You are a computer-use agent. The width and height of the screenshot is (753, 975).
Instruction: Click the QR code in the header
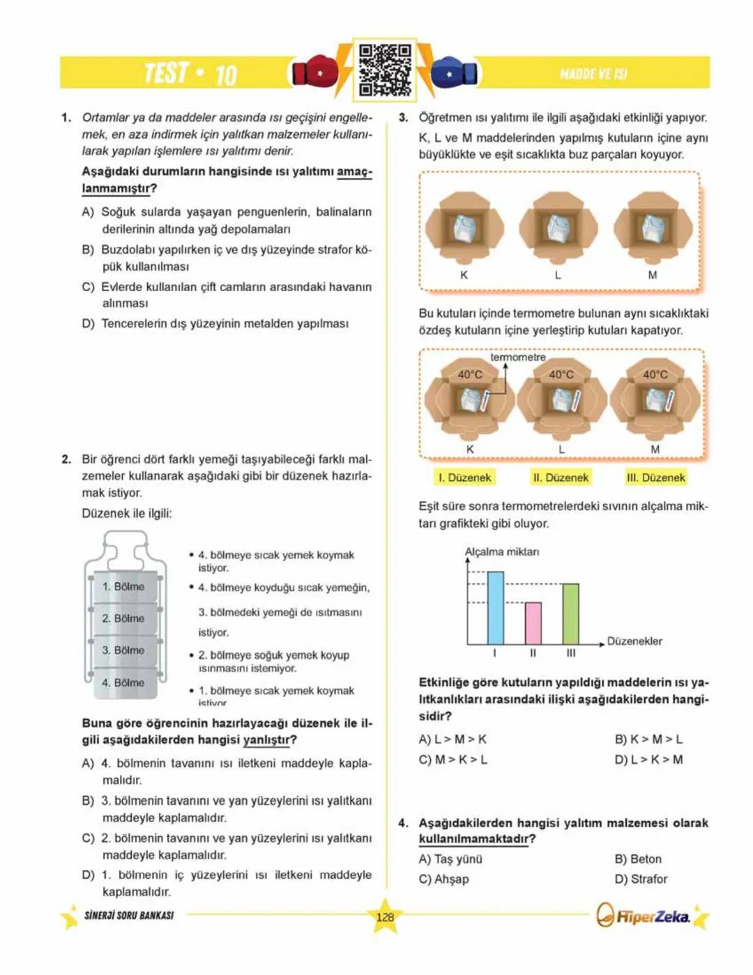coord(384,70)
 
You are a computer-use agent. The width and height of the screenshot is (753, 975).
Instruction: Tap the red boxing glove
coord(314,73)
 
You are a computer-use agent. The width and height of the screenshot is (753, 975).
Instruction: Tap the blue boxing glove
coord(455,73)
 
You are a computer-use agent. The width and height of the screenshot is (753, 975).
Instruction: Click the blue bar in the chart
coord(495,607)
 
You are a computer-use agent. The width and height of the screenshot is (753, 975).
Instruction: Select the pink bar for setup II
coord(533,623)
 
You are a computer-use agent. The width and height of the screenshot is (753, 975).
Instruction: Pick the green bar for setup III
coord(570,613)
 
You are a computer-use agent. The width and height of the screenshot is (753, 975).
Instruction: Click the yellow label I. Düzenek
coord(464,477)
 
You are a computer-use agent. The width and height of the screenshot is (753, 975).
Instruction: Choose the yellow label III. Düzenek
coord(655,477)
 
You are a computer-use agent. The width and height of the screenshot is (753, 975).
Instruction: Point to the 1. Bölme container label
coord(123,586)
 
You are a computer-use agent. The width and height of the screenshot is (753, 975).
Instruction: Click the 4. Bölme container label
coord(123,683)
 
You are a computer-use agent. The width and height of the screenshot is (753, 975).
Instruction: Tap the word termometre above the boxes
coord(517,357)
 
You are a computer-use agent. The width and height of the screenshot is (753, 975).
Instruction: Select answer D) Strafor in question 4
coord(641,879)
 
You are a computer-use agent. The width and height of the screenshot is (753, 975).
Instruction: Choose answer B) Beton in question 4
coord(638,859)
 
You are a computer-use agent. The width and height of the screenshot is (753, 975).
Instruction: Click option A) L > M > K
coord(452,739)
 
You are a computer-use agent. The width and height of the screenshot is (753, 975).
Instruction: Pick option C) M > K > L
coord(452,759)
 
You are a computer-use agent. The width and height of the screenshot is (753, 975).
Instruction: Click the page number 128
coord(385,917)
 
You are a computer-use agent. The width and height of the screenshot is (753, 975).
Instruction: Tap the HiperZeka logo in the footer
coord(644,916)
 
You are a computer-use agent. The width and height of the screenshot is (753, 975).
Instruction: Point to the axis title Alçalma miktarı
coord(502,552)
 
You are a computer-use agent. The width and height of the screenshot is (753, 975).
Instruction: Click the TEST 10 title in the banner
coord(190,73)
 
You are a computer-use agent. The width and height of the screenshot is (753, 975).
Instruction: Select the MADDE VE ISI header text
coord(593,74)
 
